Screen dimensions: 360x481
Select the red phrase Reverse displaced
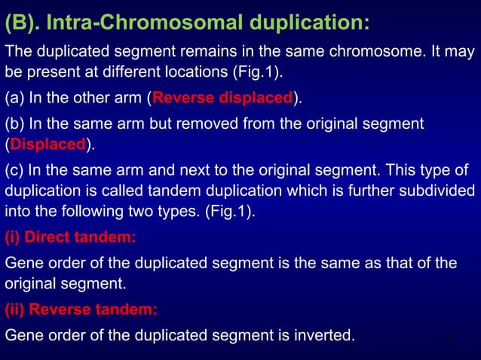click(222, 98)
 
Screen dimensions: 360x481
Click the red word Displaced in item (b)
click(47, 144)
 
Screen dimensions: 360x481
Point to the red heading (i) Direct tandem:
click(71, 238)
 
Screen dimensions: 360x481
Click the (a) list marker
click(14, 98)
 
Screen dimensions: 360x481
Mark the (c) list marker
click(14, 168)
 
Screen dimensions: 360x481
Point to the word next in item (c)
click(188, 168)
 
